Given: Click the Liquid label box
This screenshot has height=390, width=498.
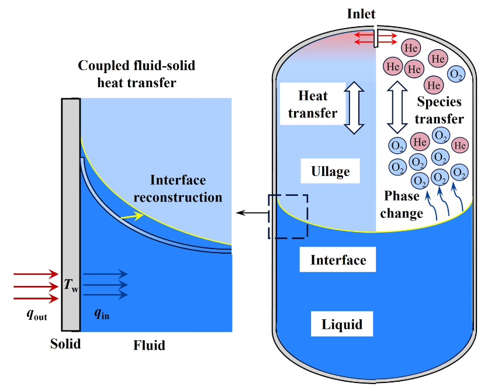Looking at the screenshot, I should click(x=342, y=324).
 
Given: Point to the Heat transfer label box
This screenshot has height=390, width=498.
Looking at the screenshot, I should click(x=313, y=103).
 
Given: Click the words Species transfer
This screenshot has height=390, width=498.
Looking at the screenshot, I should click(x=440, y=110).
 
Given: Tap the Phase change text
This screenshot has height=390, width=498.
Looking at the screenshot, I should click(x=403, y=205).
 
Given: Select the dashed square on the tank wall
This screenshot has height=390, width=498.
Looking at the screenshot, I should click(x=288, y=216).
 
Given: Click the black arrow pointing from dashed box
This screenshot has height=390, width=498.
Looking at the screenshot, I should click(x=251, y=213).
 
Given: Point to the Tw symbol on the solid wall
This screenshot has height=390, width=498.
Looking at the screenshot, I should click(x=71, y=286).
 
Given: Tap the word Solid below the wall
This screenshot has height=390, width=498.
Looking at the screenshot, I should click(x=65, y=343).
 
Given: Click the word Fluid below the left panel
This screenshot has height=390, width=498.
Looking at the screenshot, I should click(x=149, y=345).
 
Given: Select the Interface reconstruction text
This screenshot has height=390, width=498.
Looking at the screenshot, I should click(x=178, y=188).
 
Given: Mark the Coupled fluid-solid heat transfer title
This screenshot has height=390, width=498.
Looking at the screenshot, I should click(x=136, y=74).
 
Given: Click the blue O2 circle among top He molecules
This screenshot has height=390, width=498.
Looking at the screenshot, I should click(x=455, y=74).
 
